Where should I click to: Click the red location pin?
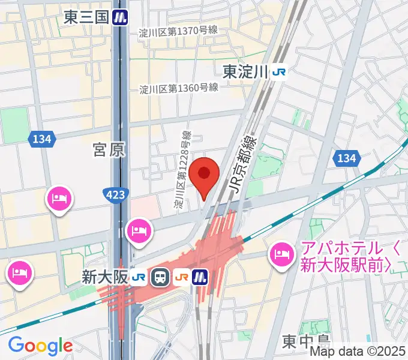pos(205,174)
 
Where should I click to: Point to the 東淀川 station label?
pos(244,72)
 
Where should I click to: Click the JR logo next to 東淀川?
pos(278,72)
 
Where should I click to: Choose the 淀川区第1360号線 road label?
pos(178,88)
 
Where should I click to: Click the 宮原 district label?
pos(109,149)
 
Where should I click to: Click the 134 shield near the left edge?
pos(41,139)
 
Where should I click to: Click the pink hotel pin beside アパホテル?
pos(281,254)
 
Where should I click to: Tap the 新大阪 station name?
pos(104,277)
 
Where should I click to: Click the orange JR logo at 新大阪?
pos(181,277)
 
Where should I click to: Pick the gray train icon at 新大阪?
pos(160,277)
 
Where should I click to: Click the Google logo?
pos(40,346)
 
